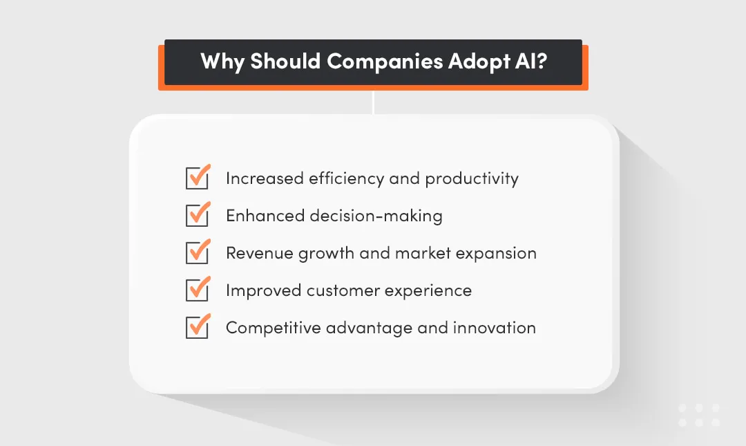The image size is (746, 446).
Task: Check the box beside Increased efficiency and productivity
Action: (x=197, y=178)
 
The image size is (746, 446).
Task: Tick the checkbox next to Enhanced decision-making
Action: (x=197, y=216)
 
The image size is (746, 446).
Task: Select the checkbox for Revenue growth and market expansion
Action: (x=197, y=253)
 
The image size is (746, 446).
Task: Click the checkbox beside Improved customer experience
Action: (x=197, y=290)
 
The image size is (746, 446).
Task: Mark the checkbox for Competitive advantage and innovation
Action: (x=197, y=328)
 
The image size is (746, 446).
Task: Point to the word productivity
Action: (x=472, y=179)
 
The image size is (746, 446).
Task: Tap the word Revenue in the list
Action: (x=260, y=253)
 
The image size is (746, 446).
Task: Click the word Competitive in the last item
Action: (x=273, y=328)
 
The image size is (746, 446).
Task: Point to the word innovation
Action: (x=495, y=328)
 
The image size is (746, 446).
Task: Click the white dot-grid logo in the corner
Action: (x=699, y=415)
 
